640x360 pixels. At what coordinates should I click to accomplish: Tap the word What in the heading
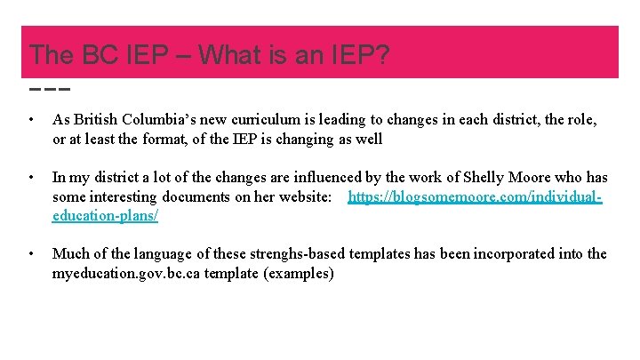pos(232,54)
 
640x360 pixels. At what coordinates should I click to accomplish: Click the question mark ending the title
pos(380,54)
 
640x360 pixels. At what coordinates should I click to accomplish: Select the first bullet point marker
pos(31,119)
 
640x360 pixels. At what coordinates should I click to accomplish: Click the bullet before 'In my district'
pos(31,178)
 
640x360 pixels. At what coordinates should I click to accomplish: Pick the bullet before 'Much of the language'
pos(31,254)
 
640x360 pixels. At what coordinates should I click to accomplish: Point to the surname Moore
pos(534,178)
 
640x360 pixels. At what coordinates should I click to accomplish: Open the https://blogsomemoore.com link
pos(475,196)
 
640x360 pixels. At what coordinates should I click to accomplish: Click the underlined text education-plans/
pos(105,215)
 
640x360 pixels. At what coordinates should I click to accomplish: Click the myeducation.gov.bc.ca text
pos(125,274)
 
